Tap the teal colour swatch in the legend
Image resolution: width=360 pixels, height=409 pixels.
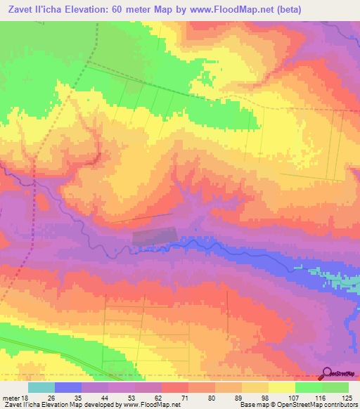(41, 387)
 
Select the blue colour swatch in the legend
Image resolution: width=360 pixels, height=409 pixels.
(68, 387)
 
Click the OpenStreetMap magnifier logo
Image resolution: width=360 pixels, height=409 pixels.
(328, 374)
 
